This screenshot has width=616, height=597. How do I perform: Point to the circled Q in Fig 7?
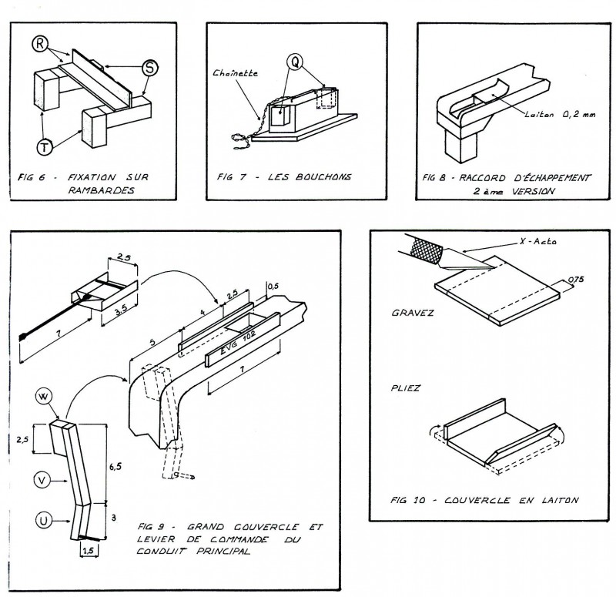tap(294, 61)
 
